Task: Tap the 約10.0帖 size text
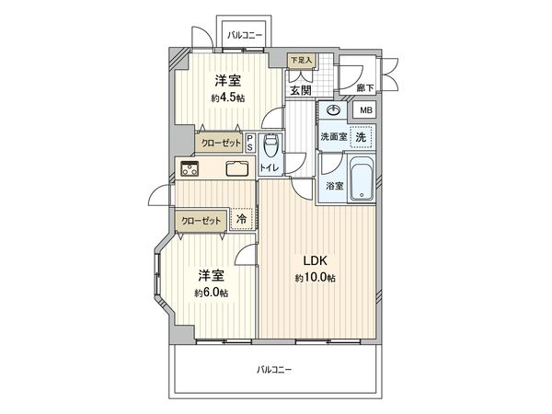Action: coord(316,278)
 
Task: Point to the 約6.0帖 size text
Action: coord(211,293)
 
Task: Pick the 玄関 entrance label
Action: coord(301,90)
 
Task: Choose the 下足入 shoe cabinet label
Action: coord(301,62)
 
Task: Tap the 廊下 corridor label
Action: coord(364,89)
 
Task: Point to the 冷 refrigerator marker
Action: coord(242,220)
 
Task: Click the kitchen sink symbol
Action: coord(236,168)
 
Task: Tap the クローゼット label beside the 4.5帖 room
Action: coord(222,143)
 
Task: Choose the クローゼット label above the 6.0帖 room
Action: coord(201,221)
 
